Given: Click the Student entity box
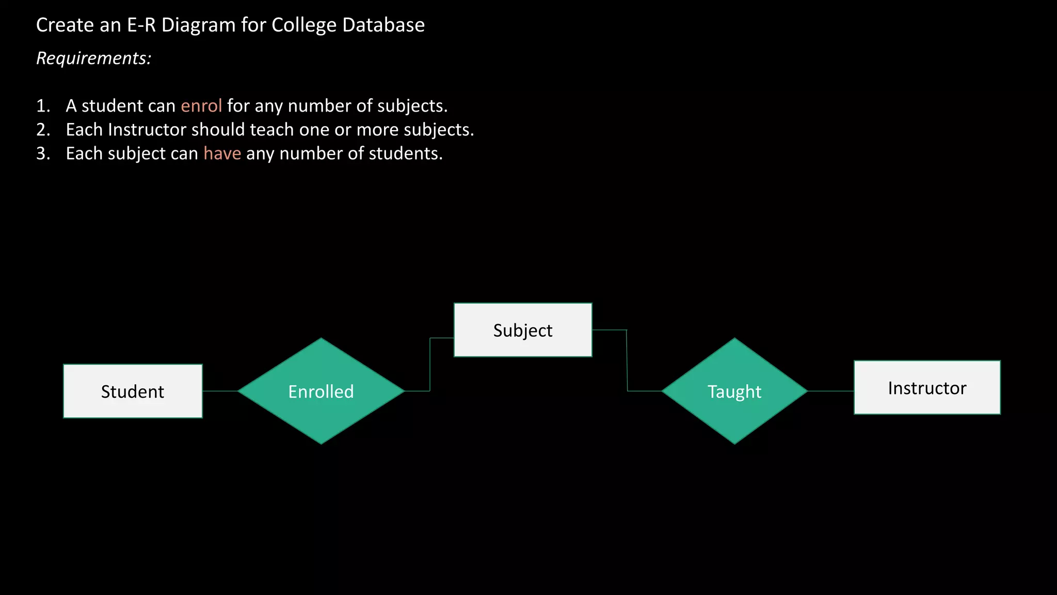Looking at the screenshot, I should click(x=133, y=391).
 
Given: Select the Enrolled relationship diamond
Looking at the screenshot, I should click(x=321, y=391).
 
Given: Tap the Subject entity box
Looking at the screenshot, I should click(x=523, y=330).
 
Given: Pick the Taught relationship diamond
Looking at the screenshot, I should click(x=734, y=391).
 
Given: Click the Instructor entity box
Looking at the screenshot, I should click(x=927, y=387).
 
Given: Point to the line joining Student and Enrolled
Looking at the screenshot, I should click(x=220, y=391).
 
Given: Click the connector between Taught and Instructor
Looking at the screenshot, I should click(x=830, y=391).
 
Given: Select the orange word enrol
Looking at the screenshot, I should click(x=201, y=106).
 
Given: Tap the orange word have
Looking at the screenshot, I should click(x=222, y=153).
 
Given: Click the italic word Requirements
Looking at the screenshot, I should click(x=93, y=58).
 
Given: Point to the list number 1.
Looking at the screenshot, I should click(x=43, y=106).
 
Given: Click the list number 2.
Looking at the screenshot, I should click(x=43, y=130).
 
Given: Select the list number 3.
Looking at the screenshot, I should click(x=43, y=153).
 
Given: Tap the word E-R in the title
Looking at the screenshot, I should click(x=141, y=25).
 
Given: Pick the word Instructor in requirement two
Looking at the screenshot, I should click(x=147, y=130).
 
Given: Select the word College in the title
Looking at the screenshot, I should click(x=304, y=25).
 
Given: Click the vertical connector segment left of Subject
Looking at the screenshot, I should click(x=430, y=364).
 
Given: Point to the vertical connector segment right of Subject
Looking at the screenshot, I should click(x=627, y=360).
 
